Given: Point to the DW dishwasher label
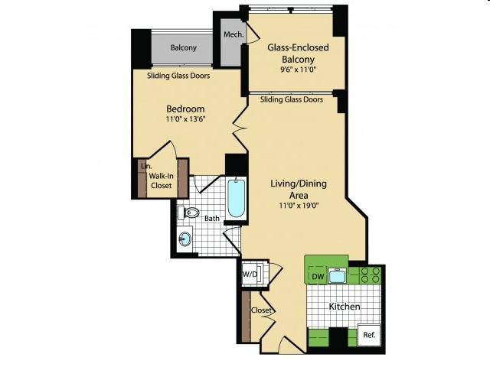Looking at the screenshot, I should [x=317, y=276].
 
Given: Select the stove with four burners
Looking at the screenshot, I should [x=371, y=275].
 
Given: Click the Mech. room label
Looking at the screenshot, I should [x=233, y=35].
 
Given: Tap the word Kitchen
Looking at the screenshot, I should [x=345, y=307].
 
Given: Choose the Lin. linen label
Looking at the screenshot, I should [x=144, y=165].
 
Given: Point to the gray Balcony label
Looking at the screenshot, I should [x=183, y=47].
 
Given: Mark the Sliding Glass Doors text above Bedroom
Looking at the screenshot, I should [x=178, y=76].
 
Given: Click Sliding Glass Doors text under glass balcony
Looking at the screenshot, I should [x=291, y=99].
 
